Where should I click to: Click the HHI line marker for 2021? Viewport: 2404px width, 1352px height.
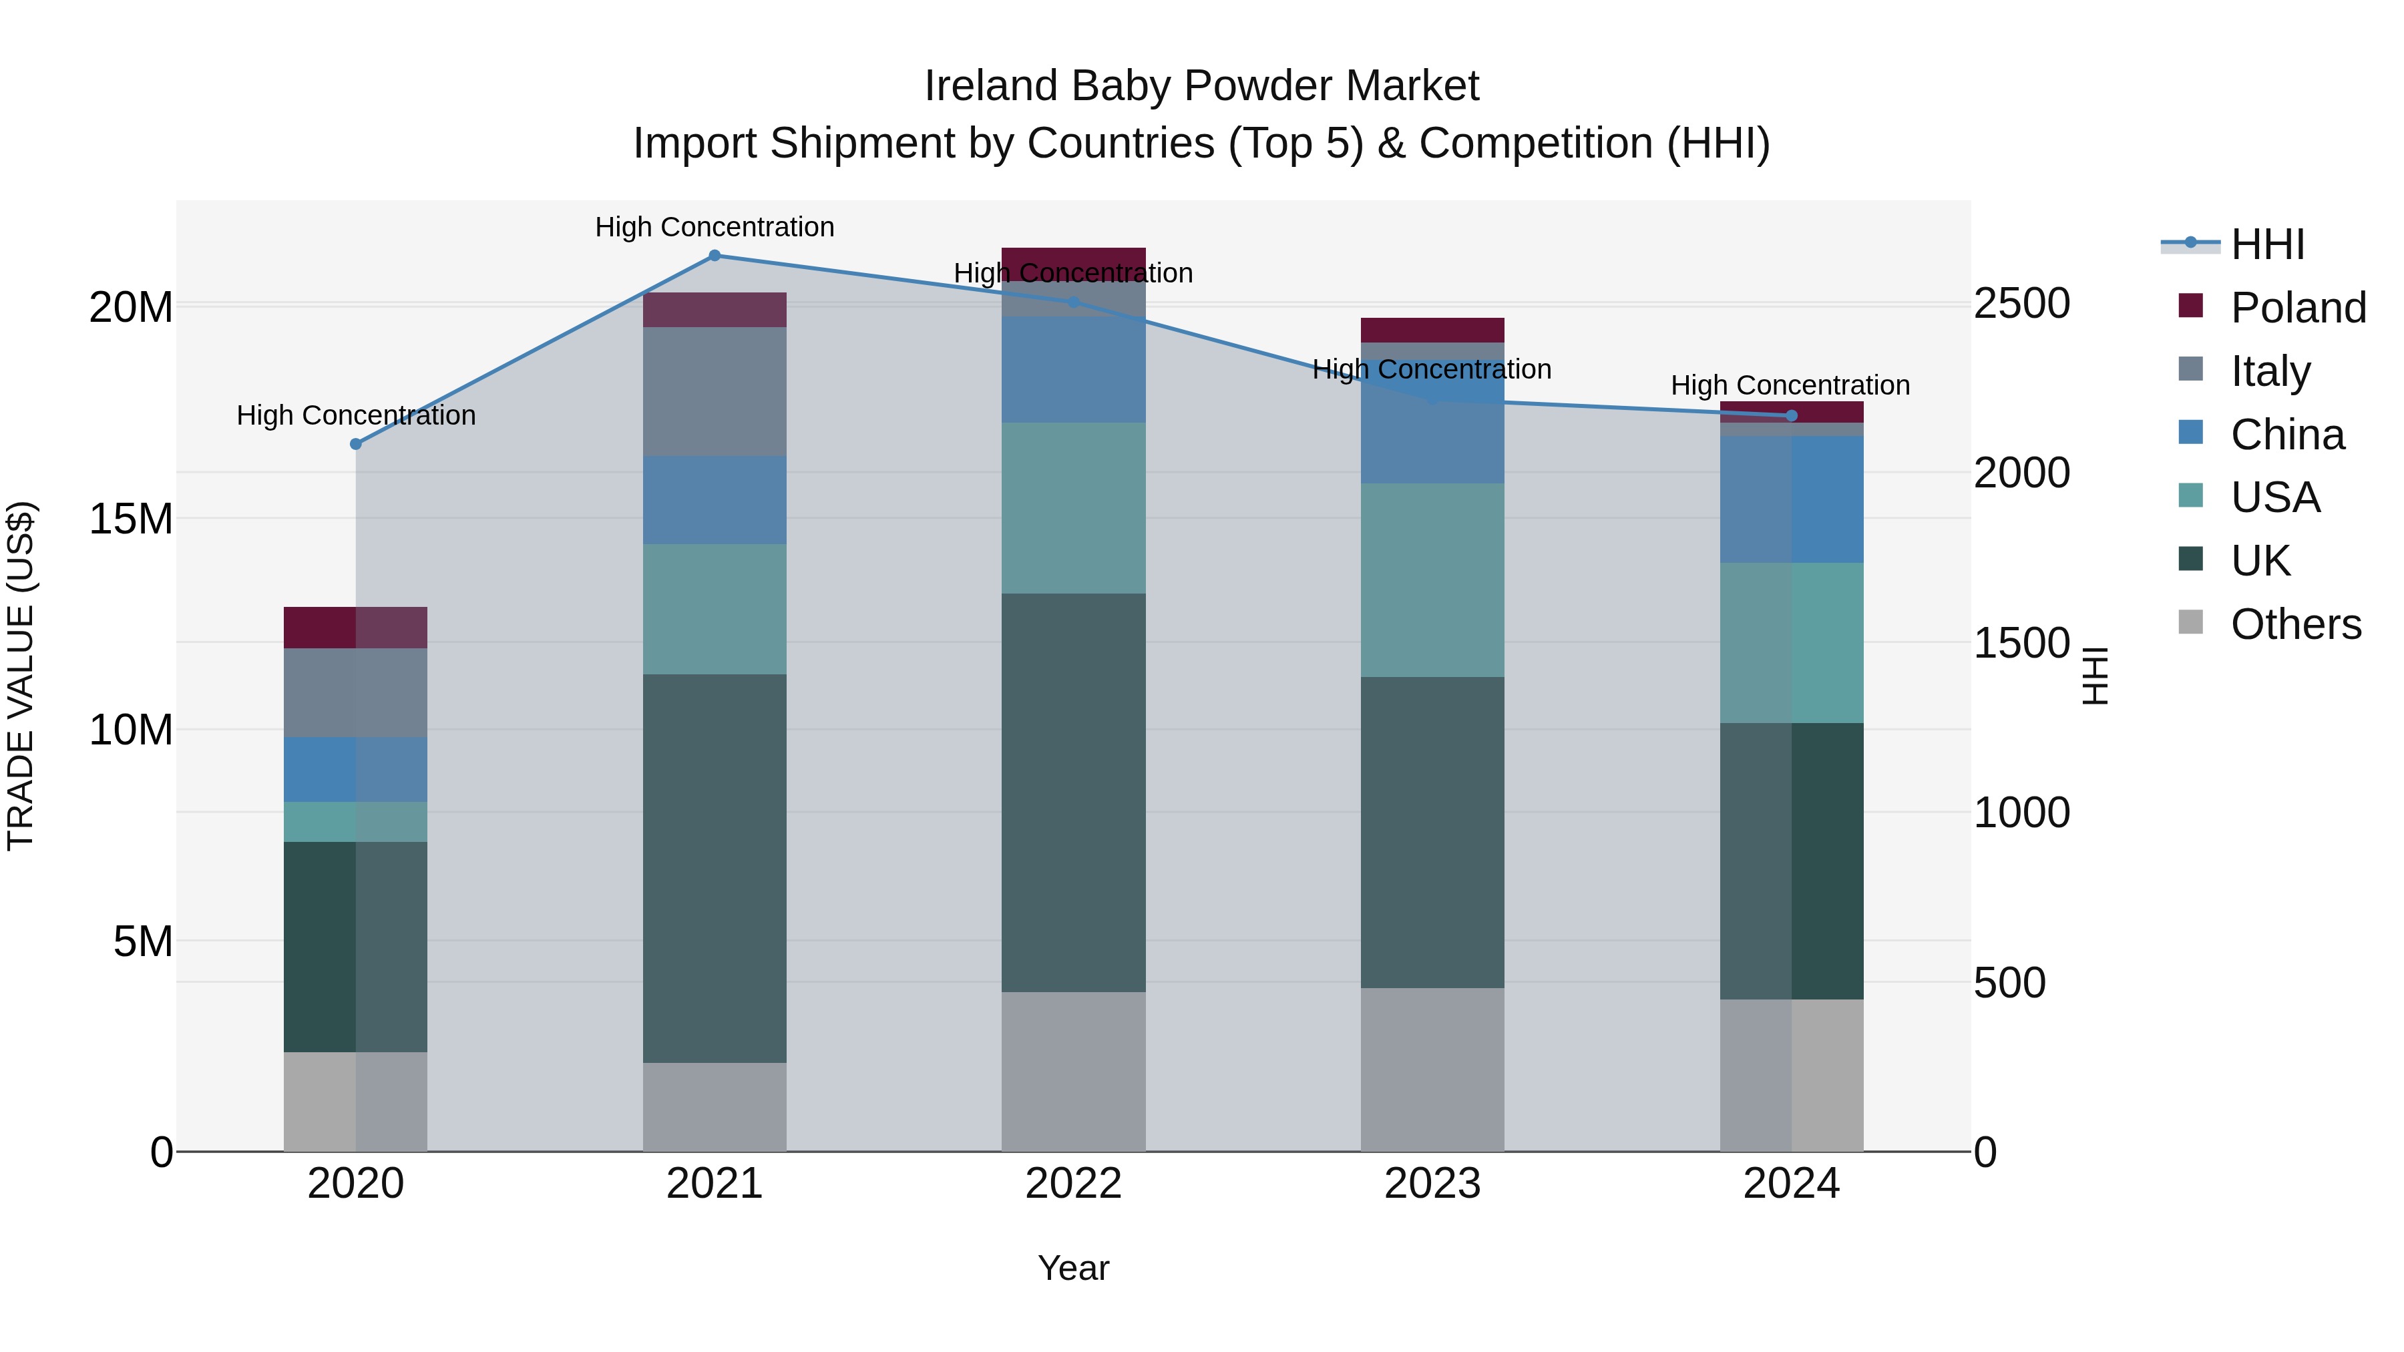(x=714, y=256)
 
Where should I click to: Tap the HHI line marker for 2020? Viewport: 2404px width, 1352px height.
(x=355, y=444)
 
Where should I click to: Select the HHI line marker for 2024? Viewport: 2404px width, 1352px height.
(x=1791, y=416)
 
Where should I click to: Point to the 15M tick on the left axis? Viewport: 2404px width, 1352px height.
(x=131, y=519)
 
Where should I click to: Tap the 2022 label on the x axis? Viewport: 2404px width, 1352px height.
(x=1073, y=1184)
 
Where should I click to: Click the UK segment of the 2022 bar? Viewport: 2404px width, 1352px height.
(x=1073, y=793)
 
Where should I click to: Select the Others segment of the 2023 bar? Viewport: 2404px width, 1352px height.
(x=1432, y=1070)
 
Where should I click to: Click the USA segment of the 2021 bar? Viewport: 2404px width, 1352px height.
(x=714, y=610)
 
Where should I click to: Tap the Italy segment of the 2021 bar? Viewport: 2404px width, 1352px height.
(x=714, y=392)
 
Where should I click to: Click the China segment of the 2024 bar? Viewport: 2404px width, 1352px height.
(x=1791, y=499)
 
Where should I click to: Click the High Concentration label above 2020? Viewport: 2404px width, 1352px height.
(x=355, y=415)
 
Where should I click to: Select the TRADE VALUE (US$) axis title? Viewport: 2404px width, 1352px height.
(x=21, y=676)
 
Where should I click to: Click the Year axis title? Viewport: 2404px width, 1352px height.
(x=1073, y=1268)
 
